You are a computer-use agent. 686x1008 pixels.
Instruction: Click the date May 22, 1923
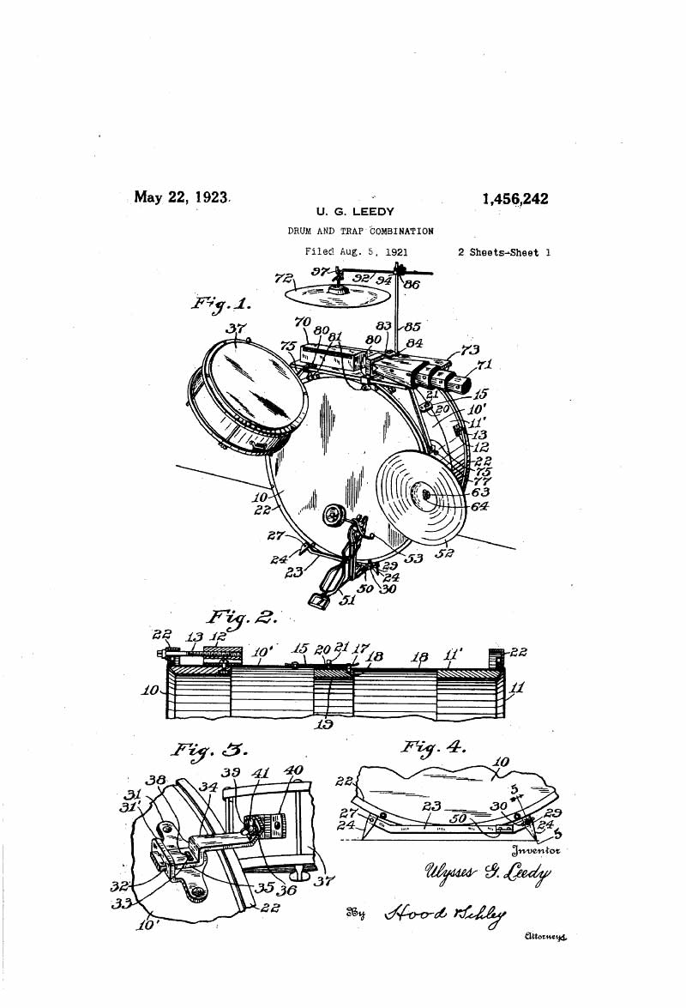(182, 196)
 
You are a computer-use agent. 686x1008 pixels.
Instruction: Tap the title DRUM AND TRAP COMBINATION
(360, 231)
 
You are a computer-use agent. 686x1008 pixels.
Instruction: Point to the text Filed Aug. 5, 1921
(356, 252)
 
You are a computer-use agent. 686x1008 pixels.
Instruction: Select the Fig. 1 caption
(220, 305)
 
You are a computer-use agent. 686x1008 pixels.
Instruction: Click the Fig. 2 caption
(241, 619)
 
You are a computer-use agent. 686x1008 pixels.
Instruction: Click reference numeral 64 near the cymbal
(479, 506)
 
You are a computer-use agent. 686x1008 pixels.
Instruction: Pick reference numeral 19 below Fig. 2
(325, 723)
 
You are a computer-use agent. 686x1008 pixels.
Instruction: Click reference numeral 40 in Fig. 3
(294, 770)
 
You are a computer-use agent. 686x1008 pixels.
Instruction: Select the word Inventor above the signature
(535, 851)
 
